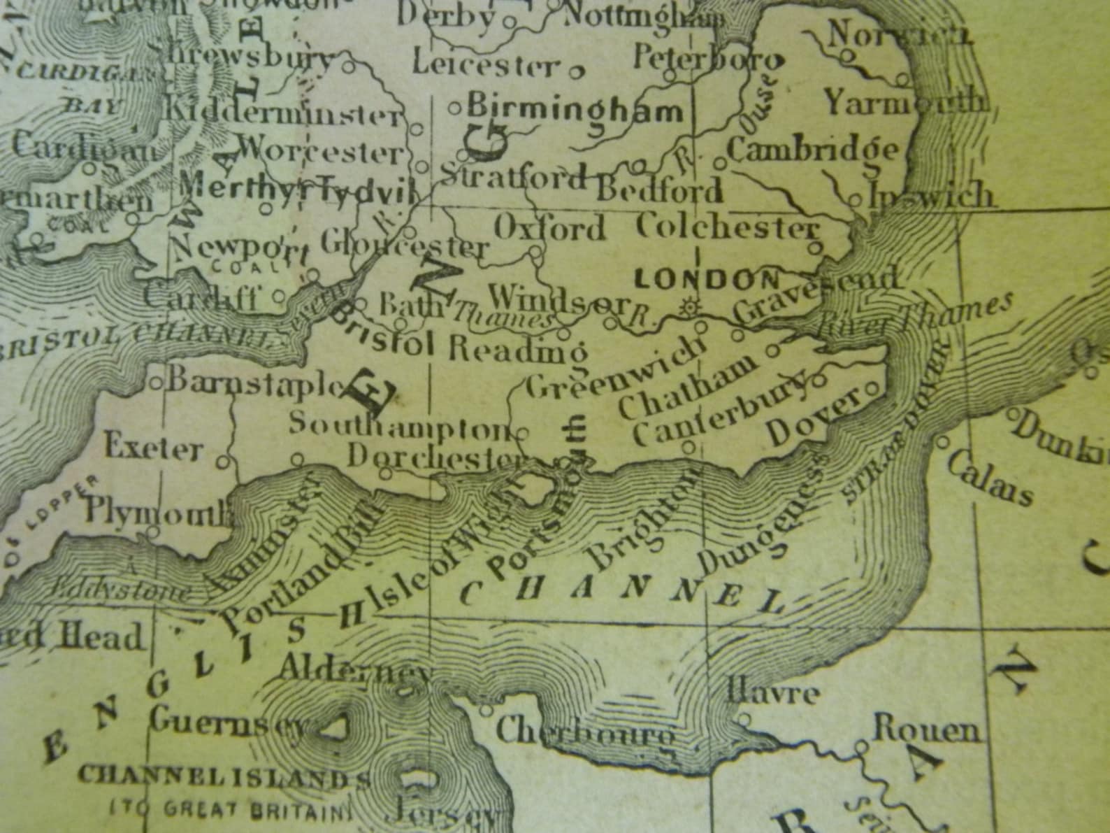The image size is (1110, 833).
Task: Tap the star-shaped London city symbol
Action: tap(691, 306)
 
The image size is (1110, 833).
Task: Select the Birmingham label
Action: tap(575, 110)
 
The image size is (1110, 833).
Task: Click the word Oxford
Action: tap(549, 229)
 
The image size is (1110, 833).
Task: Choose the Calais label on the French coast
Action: tap(990, 482)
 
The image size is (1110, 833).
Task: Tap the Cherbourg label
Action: tap(586, 732)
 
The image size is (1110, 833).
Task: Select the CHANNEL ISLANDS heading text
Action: tap(224, 776)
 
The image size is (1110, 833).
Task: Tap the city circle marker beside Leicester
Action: tap(577, 71)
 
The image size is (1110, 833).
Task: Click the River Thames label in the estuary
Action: tap(916, 314)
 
